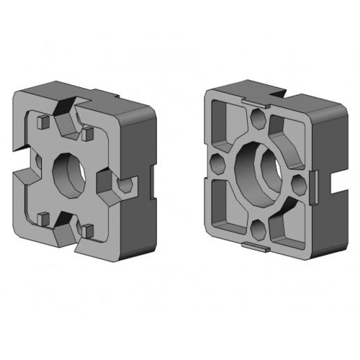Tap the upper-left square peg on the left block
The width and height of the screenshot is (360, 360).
[42, 122]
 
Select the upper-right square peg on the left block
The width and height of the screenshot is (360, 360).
[89, 134]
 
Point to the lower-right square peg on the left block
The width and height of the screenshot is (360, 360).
[88, 230]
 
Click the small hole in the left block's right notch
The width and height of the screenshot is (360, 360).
[123, 186]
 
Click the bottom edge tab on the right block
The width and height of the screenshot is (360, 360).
[256, 247]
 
